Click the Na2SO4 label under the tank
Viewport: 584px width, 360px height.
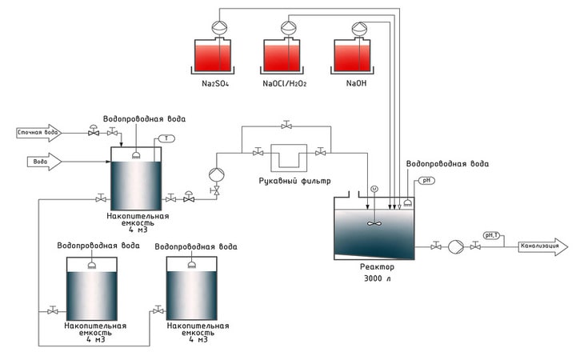tap(215, 83)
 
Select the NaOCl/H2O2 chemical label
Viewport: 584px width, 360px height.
tap(285, 83)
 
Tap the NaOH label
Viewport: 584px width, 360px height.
tap(357, 83)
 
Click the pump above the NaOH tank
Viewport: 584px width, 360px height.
tap(359, 28)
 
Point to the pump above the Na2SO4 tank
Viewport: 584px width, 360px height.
tap(219, 27)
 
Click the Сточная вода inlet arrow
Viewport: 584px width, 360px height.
tap(38, 133)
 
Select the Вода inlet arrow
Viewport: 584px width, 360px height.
tap(44, 162)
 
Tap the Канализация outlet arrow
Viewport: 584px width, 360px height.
tap(543, 247)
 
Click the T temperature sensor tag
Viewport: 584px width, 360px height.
tap(166, 138)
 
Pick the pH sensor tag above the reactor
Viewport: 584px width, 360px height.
tap(426, 181)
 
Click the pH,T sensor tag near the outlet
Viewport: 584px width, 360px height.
tap(491, 235)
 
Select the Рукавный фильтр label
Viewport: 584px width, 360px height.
tap(294, 182)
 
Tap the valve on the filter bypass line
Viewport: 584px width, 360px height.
tap(286, 125)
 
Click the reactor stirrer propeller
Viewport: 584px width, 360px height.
tap(374, 223)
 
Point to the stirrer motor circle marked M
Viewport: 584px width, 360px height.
tap(374, 189)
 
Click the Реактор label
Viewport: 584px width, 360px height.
tap(377, 267)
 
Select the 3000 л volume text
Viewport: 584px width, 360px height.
tap(378, 278)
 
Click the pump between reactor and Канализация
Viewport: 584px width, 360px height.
tap(455, 247)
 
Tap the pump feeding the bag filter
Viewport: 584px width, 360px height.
tap(216, 174)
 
